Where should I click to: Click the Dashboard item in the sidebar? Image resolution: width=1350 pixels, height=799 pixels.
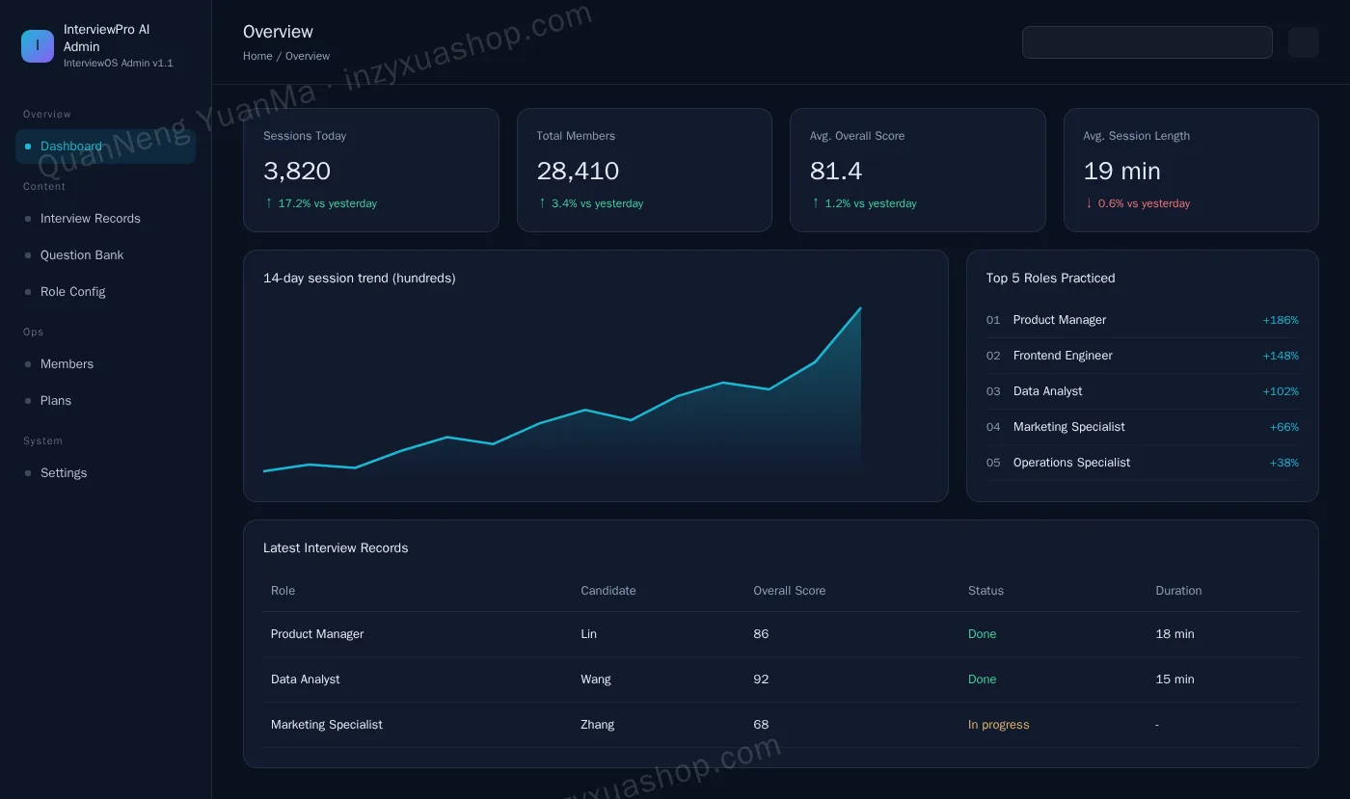tap(105, 146)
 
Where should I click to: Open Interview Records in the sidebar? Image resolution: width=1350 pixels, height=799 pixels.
tap(90, 218)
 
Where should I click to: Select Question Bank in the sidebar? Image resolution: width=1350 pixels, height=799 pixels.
tap(81, 254)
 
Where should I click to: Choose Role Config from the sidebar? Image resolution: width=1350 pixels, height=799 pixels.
tap(72, 292)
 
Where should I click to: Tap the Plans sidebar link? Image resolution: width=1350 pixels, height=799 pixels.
tap(56, 401)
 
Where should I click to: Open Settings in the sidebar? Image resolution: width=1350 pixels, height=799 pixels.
tap(64, 473)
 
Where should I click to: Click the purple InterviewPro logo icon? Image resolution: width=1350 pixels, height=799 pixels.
tap(38, 46)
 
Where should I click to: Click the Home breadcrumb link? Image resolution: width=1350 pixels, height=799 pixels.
tap(257, 56)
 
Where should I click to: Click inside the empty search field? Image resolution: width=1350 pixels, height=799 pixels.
tap(1147, 42)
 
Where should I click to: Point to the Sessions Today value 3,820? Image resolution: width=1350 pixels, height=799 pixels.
tap(297, 172)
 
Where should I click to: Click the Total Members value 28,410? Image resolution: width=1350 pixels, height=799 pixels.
tap(578, 172)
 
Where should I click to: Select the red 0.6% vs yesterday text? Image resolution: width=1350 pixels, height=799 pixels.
tap(1144, 203)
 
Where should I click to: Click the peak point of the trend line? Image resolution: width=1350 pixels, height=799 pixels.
tap(860, 308)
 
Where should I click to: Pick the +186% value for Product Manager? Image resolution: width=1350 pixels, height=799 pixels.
tap(1281, 320)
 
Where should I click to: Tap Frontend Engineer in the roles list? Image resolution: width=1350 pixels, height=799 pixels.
tap(1063, 356)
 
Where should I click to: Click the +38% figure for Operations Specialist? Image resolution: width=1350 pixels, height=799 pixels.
tap(1283, 463)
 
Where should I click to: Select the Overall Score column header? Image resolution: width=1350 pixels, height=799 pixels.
tap(789, 591)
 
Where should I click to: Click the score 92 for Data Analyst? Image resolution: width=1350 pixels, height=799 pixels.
tap(761, 679)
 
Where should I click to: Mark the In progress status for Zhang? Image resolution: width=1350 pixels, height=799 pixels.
tap(998, 724)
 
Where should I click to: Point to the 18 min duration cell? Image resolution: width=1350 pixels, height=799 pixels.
tap(1174, 634)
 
